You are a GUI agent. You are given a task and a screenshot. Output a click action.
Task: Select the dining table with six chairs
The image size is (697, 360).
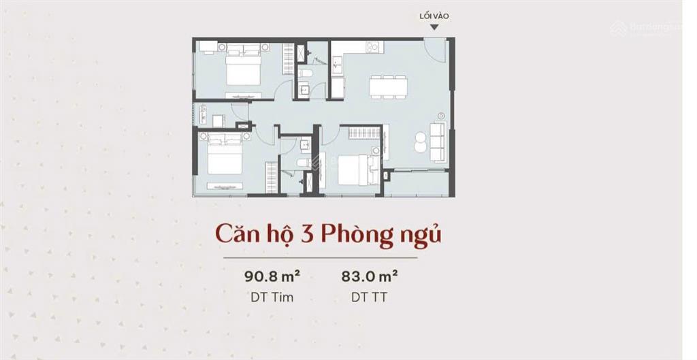tap(388, 86)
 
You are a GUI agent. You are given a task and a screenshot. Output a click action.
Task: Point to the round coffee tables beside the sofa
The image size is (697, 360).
tap(420, 140)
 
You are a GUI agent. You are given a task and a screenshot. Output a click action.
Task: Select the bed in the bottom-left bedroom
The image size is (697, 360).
tap(225, 159)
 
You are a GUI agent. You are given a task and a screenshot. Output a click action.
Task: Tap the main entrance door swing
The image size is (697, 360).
tap(432, 49)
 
